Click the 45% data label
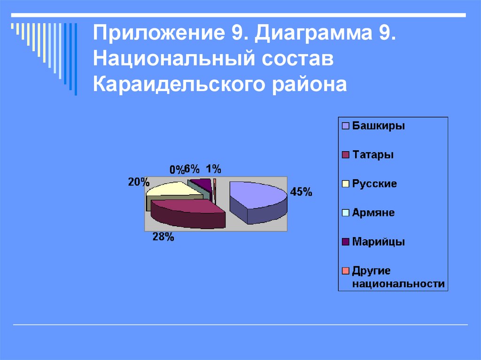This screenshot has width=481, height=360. point(301,192)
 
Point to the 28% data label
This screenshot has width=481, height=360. point(163,237)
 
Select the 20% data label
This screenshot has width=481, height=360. point(139,182)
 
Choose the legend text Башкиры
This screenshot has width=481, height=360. point(379,126)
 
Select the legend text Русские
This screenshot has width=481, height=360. point(375,184)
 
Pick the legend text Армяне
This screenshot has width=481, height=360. point(373,213)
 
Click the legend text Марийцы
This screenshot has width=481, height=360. point(379,242)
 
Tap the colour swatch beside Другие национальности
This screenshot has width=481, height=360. point(346,271)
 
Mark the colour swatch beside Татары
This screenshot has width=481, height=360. point(346,155)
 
